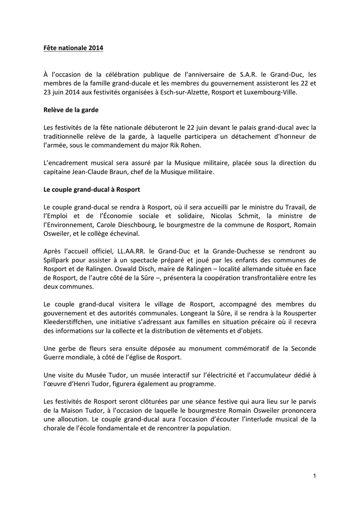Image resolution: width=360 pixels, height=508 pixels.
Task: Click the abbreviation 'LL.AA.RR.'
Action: pos(134,252)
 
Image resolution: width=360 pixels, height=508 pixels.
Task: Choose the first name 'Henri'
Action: pos(94,384)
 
